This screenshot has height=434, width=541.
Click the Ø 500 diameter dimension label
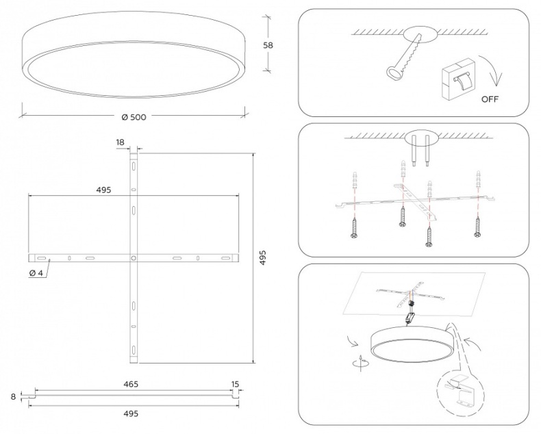pos(134,118)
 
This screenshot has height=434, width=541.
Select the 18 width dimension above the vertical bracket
pos(121,142)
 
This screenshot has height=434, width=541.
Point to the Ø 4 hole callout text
pos(37,274)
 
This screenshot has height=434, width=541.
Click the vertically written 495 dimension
pos(264,257)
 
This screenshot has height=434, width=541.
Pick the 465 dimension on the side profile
pos(131,385)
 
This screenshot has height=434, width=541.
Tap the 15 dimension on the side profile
pos(235,385)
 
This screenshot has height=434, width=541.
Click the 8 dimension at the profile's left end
pos(14,395)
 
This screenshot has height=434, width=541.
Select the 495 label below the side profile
pos(131,413)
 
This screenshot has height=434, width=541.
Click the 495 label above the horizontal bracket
pos(104,190)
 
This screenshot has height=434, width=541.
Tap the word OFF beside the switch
pos(490,99)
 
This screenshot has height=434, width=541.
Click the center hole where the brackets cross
pos(134,258)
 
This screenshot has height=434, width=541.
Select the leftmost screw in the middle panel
pos(355,227)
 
